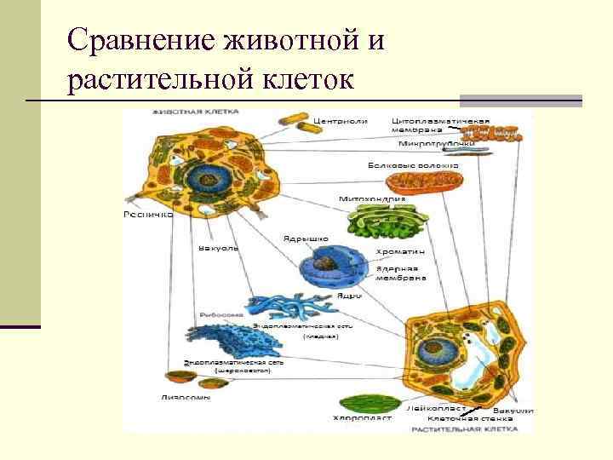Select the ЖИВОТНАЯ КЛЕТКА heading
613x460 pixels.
[195, 111]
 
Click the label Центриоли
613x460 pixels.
[341, 121]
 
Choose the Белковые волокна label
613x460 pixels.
[412, 164]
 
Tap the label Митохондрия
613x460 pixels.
[371, 198]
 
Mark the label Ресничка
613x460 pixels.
[148, 216]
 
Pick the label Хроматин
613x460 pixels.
[400, 253]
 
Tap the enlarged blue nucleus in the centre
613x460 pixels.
[330, 271]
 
